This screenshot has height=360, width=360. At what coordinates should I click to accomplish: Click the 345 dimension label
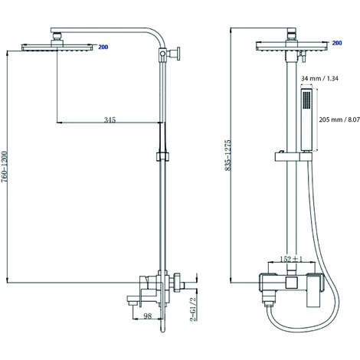click(x=110, y=119)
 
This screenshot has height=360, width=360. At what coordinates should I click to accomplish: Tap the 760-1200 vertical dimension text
click(x=5, y=167)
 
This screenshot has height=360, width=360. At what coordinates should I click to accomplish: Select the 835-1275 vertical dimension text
click(x=227, y=155)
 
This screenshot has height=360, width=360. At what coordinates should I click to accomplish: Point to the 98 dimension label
click(x=147, y=316)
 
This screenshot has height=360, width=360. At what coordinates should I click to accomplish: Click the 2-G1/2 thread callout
click(x=194, y=309)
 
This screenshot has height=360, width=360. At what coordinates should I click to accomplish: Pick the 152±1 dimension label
click(x=291, y=259)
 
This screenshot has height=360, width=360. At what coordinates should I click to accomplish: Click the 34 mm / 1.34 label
click(x=319, y=78)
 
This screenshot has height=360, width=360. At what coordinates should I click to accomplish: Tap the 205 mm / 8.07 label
click(x=339, y=119)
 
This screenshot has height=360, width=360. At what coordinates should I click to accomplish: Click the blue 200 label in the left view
click(x=103, y=47)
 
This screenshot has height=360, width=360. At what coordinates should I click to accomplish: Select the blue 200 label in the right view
click(x=337, y=43)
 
